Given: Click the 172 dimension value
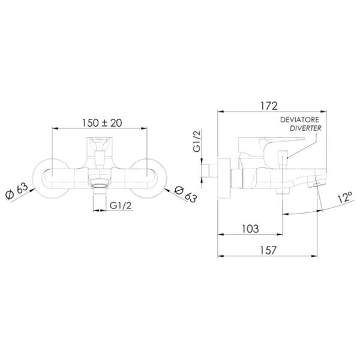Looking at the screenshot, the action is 269,106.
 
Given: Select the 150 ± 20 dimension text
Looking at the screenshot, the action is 102,123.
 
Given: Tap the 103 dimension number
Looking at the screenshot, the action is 250,229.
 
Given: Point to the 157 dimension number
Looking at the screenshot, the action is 268,250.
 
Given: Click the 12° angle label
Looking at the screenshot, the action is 345,197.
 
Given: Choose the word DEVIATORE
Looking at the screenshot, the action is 299,119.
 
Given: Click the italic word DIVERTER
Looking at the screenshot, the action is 305,128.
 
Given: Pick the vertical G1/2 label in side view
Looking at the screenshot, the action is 197,141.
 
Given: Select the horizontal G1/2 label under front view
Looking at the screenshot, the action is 121,205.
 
